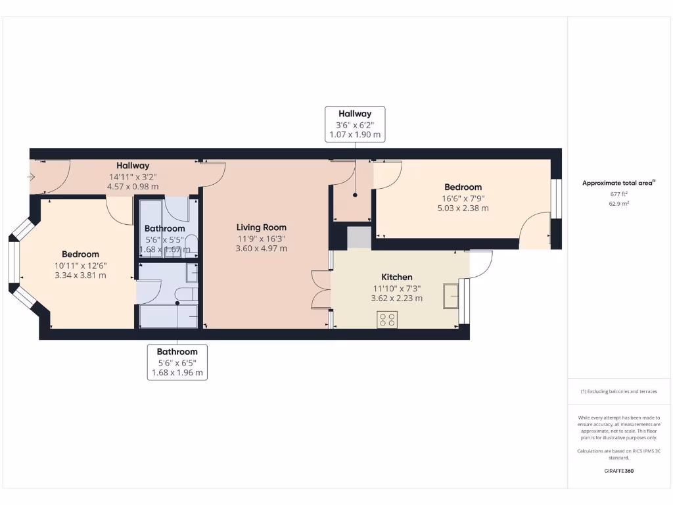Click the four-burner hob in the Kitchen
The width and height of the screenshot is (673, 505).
(388, 320)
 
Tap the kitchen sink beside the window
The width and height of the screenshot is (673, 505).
(451, 296)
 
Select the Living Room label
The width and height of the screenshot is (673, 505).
(262, 228)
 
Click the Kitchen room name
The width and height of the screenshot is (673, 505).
(397, 277)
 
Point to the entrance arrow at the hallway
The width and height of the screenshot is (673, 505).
(32, 177)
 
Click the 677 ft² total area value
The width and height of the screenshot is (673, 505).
(618, 195)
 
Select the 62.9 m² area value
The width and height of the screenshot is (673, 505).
(618, 204)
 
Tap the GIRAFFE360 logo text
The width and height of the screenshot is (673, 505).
(618, 471)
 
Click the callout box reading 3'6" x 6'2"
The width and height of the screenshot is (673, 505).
(355, 124)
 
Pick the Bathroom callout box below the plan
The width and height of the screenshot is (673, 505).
(177, 362)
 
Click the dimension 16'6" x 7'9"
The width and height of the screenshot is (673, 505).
(463, 198)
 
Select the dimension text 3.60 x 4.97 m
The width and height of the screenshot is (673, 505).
(262, 249)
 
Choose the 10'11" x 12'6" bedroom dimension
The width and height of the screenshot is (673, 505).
(81, 265)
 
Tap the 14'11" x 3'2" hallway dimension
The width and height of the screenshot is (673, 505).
(133, 176)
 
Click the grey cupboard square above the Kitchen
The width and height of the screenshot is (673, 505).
(359, 237)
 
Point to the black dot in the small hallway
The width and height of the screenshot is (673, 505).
(355, 195)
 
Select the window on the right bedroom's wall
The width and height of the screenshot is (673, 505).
(556, 199)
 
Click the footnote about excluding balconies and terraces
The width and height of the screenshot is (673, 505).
(618, 391)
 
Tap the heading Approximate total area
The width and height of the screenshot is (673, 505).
(618, 183)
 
